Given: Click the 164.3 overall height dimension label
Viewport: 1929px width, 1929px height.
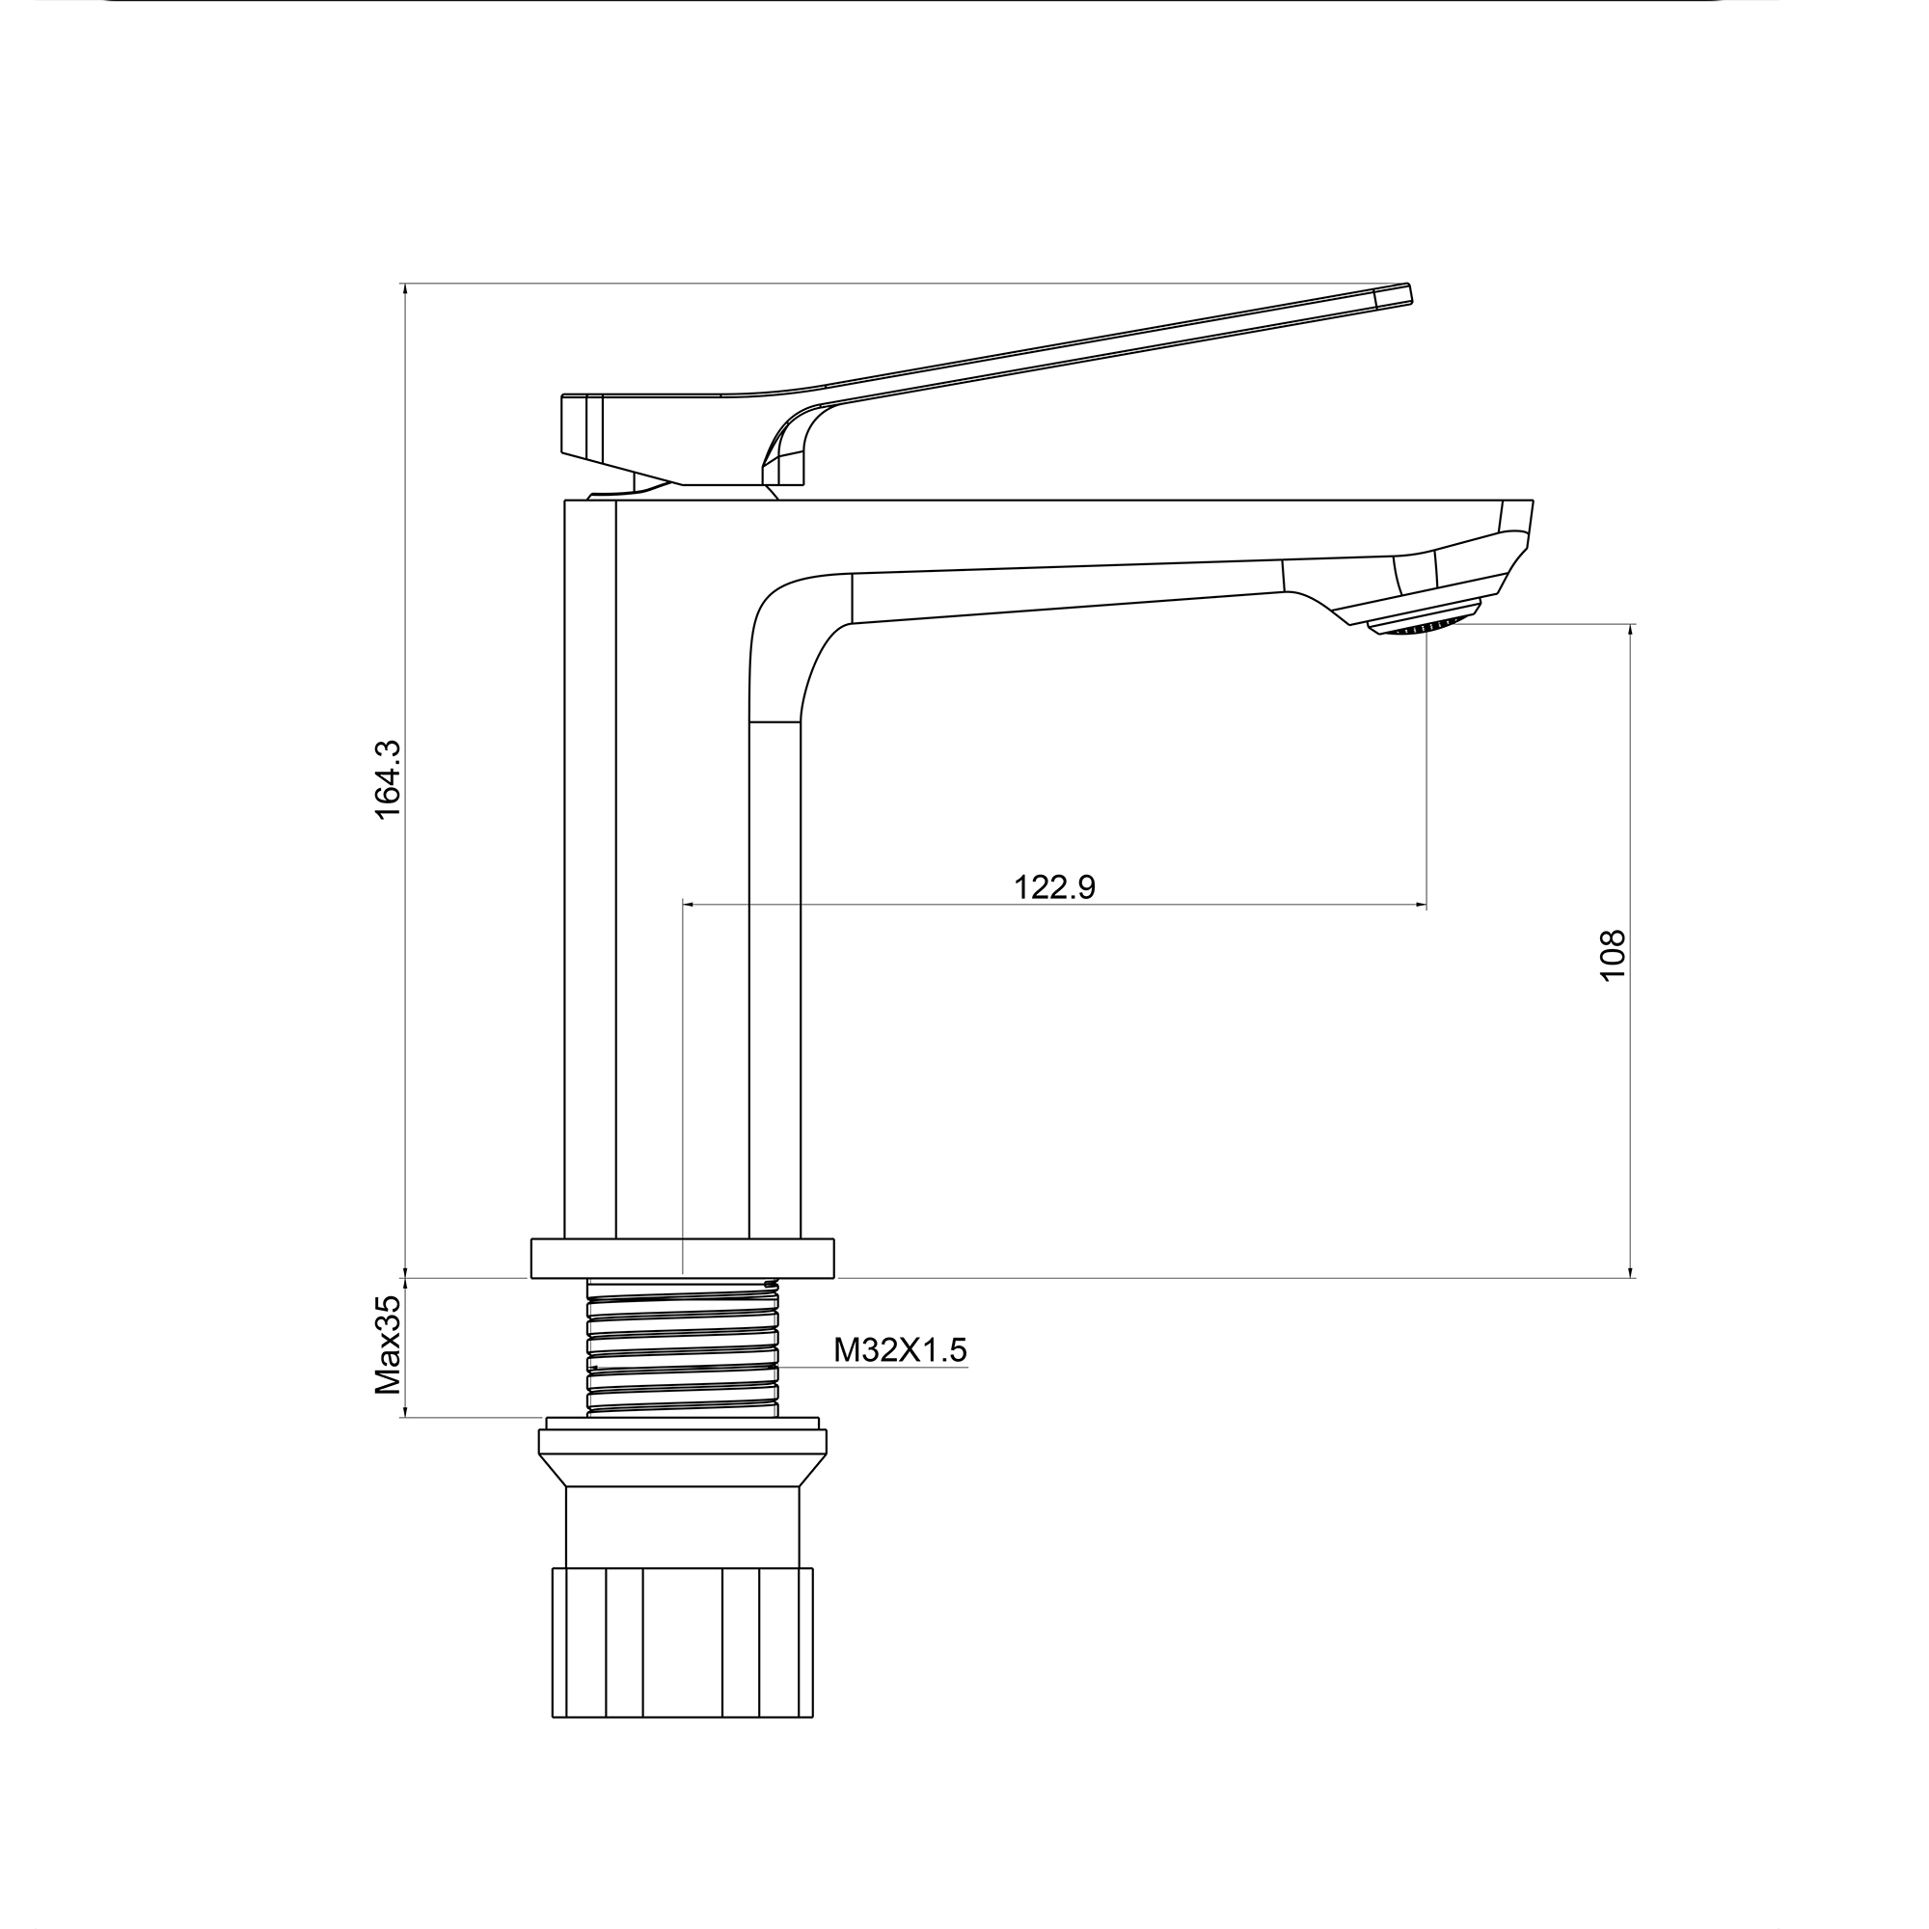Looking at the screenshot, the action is click(x=388, y=779).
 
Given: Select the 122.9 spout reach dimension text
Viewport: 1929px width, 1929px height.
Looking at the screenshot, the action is click(x=1054, y=886).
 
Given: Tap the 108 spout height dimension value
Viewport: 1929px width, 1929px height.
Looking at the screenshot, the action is click(x=1613, y=956).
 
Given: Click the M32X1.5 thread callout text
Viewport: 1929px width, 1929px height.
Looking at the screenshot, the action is click(x=901, y=1350).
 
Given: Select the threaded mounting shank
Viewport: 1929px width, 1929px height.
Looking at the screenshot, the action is click(x=683, y=1345).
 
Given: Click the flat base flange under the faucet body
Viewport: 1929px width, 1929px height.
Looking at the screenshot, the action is click(x=683, y=1258).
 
